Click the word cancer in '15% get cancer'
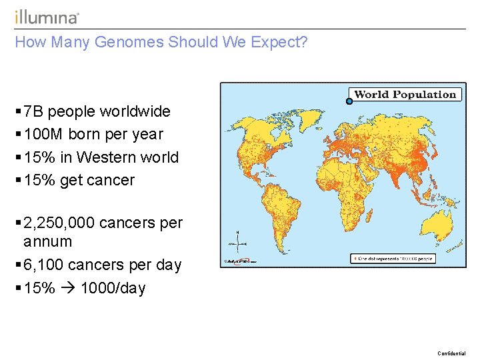click(113, 181)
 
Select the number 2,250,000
click(59, 223)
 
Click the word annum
click(47, 241)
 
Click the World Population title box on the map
click(405, 95)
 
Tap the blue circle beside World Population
click(349, 101)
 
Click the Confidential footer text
click(451, 353)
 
